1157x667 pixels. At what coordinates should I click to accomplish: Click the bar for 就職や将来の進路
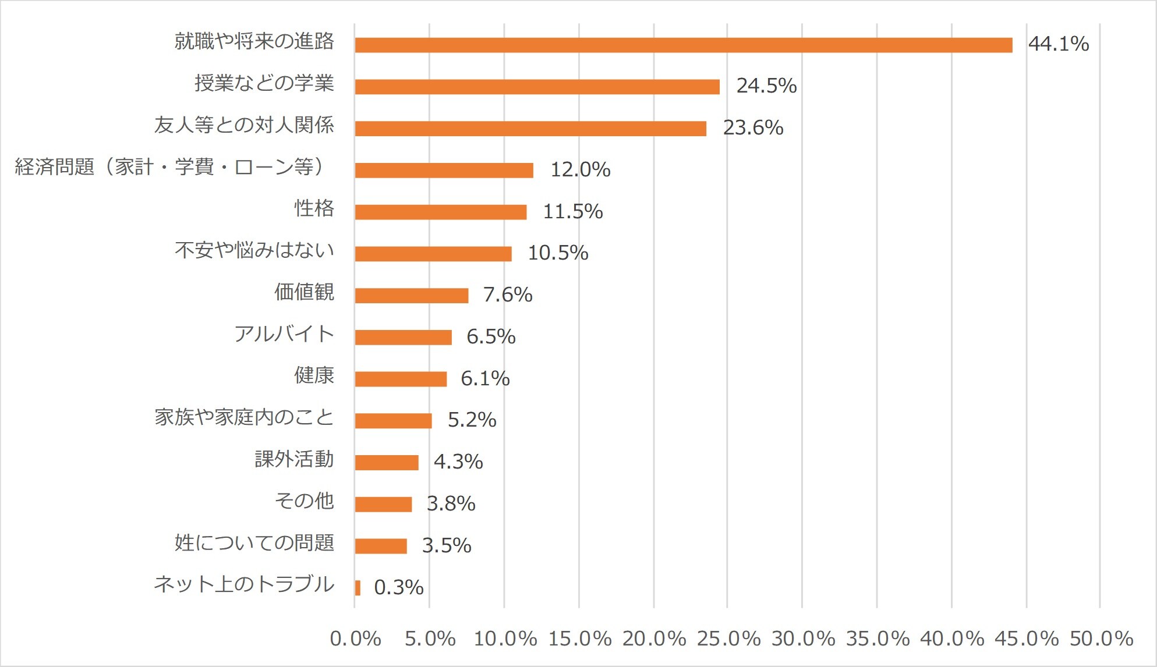pyautogui.click(x=683, y=45)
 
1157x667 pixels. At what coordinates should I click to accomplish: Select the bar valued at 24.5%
pyautogui.click(x=537, y=87)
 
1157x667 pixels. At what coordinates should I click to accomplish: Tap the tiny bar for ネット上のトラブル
pyautogui.click(x=358, y=587)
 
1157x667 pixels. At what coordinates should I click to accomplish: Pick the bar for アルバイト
pyautogui.click(x=403, y=337)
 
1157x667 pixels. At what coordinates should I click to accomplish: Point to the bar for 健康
pyautogui.click(x=401, y=379)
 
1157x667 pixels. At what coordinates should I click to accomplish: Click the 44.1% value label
pyautogui.click(x=1058, y=44)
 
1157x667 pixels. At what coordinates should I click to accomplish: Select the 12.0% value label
pyautogui.click(x=580, y=170)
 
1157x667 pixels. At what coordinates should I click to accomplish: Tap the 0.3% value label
pyautogui.click(x=398, y=587)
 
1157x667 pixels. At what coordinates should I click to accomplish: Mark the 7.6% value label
pyautogui.click(x=507, y=295)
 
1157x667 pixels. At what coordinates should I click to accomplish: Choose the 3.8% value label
pyautogui.click(x=451, y=504)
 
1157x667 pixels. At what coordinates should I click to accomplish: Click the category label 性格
pyautogui.click(x=314, y=208)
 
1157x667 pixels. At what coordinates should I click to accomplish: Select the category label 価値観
pyautogui.click(x=304, y=292)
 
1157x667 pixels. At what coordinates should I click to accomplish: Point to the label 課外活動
pyautogui.click(x=294, y=459)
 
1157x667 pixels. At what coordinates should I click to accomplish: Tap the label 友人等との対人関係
pyautogui.click(x=244, y=125)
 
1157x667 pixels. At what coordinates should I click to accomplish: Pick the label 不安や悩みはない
pyautogui.click(x=254, y=250)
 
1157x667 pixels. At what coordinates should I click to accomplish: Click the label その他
pyautogui.click(x=304, y=501)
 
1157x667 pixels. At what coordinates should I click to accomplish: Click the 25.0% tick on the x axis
pyautogui.click(x=728, y=639)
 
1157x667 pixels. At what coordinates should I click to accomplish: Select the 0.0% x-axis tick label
pyautogui.click(x=355, y=639)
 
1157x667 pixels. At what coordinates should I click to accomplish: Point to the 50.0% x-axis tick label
pyautogui.click(x=1101, y=639)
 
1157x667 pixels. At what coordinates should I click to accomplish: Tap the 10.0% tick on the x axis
pyautogui.click(x=505, y=639)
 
